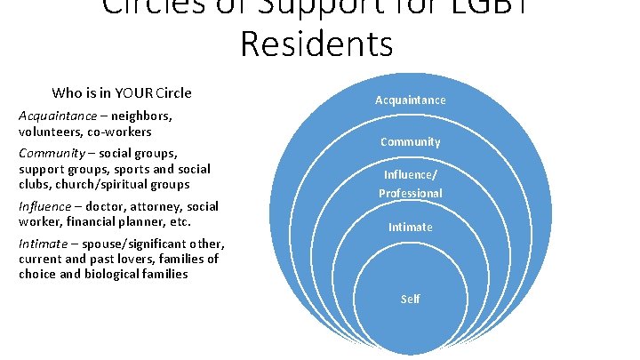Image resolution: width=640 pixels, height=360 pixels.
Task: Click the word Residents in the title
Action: tap(316, 42)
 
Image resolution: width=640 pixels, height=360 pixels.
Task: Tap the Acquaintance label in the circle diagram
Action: tap(410, 100)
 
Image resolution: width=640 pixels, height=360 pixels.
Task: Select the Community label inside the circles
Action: tap(410, 142)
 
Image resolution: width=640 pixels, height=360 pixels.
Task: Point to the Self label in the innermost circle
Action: tap(410, 299)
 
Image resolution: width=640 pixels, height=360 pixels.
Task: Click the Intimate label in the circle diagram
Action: tap(410, 228)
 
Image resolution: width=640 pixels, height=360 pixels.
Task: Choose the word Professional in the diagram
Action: tap(410, 193)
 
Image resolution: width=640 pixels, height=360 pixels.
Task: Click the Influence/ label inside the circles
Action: tap(410, 175)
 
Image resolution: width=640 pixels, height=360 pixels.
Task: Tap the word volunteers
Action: tap(47, 132)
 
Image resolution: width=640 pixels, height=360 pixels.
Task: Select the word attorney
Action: tap(131, 206)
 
